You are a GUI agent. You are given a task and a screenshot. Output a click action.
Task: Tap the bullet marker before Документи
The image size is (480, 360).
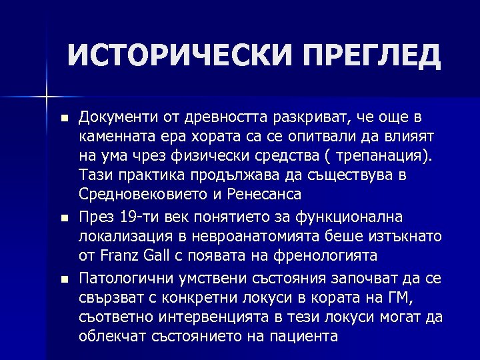click(x=63, y=118)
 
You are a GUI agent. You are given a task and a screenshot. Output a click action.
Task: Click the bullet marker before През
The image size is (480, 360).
click(x=63, y=217)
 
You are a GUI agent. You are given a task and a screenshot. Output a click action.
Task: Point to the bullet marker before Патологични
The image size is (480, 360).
click(x=63, y=277)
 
